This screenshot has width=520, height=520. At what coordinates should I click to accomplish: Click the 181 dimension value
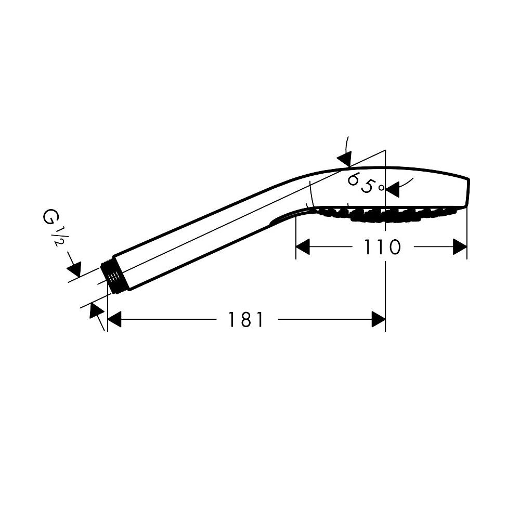(x=246, y=319)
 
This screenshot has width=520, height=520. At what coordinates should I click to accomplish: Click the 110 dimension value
(x=382, y=246)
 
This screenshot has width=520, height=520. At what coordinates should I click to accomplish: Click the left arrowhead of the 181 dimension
(x=114, y=319)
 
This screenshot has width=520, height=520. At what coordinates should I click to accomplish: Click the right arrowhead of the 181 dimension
(x=379, y=319)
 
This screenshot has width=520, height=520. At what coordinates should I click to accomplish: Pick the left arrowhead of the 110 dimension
(x=303, y=246)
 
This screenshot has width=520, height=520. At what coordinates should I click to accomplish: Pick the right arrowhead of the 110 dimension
(x=460, y=246)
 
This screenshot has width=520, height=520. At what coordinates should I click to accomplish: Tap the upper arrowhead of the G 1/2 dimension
(x=74, y=269)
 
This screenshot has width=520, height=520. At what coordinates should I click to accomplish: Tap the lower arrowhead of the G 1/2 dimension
(x=96, y=311)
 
